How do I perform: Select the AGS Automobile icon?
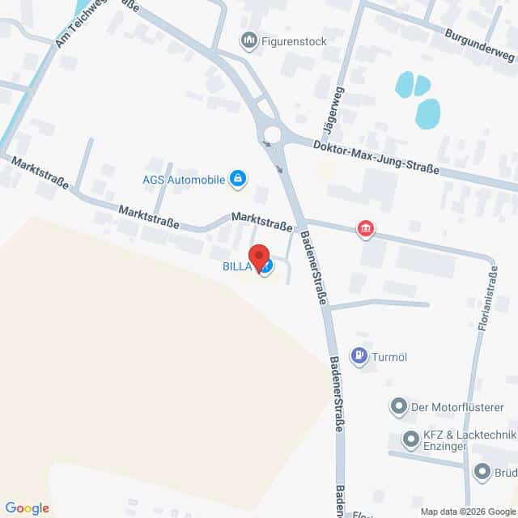(238, 180)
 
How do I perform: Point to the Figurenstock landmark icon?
(249, 39)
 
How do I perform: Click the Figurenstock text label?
(287, 39)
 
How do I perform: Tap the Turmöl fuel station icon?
(358, 355)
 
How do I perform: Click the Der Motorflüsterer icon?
(398, 406)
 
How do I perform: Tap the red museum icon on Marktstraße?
(366, 230)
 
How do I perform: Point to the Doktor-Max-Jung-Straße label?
(376, 156)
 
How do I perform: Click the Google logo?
(27, 508)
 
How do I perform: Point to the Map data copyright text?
(467, 512)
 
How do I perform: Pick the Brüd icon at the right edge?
(482, 471)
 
